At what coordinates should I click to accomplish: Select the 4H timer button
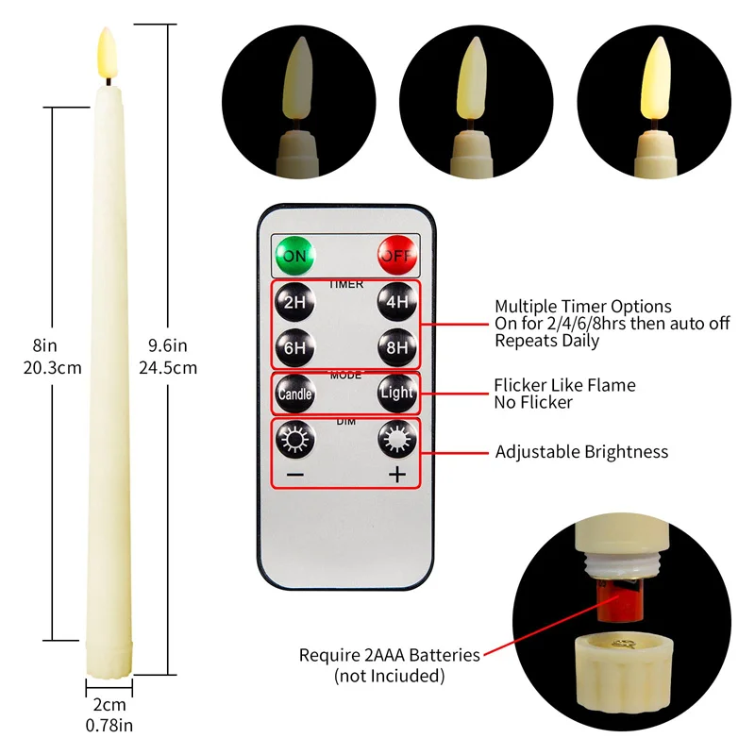coord(397,303)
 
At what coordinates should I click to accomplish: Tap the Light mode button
coord(397,393)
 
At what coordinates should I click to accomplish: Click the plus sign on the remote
coord(397,475)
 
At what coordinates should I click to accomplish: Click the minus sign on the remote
coord(294,475)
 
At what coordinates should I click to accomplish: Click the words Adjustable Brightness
coord(581,452)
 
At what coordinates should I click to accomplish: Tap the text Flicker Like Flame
coord(564,385)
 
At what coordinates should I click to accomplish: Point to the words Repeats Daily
coord(546,341)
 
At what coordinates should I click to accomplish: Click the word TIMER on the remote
coord(345,283)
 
